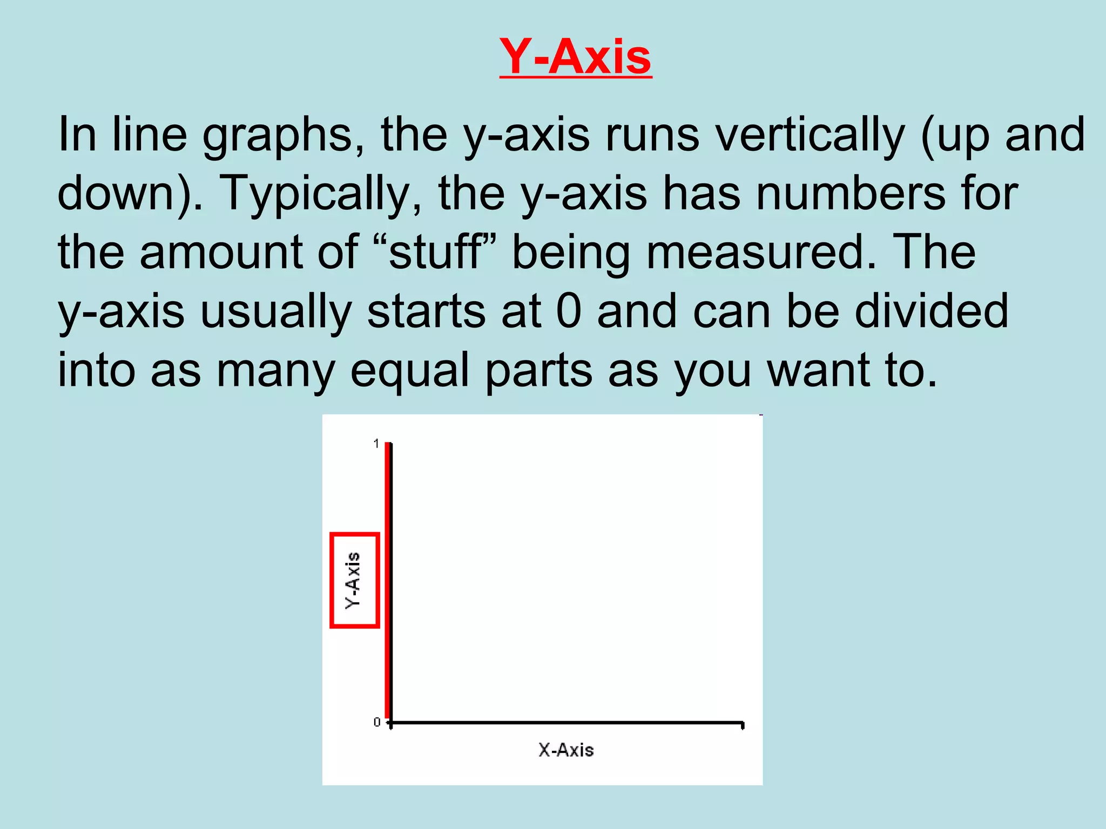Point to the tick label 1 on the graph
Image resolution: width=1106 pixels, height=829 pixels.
(376, 444)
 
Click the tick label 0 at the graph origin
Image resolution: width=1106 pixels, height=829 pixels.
(377, 722)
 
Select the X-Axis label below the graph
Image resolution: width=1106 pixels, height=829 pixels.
(566, 750)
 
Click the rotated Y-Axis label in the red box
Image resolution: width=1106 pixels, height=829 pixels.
(353, 580)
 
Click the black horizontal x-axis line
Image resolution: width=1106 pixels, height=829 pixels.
(567, 722)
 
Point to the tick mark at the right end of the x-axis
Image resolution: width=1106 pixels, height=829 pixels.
(743, 725)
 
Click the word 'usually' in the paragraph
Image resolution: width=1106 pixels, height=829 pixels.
(276, 312)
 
